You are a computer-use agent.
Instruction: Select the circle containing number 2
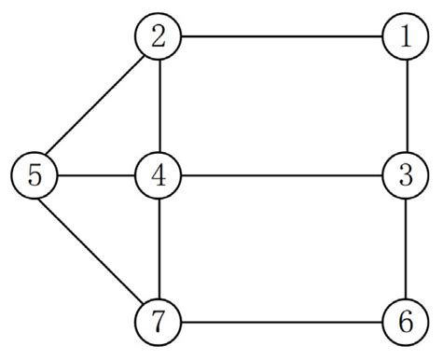[x=159, y=38]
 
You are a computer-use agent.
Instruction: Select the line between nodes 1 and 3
[x=407, y=106]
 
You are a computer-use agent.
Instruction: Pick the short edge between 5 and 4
[x=97, y=175]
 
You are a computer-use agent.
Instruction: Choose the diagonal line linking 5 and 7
[x=98, y=250]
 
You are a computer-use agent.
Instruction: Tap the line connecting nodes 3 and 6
[x=407, y=250]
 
